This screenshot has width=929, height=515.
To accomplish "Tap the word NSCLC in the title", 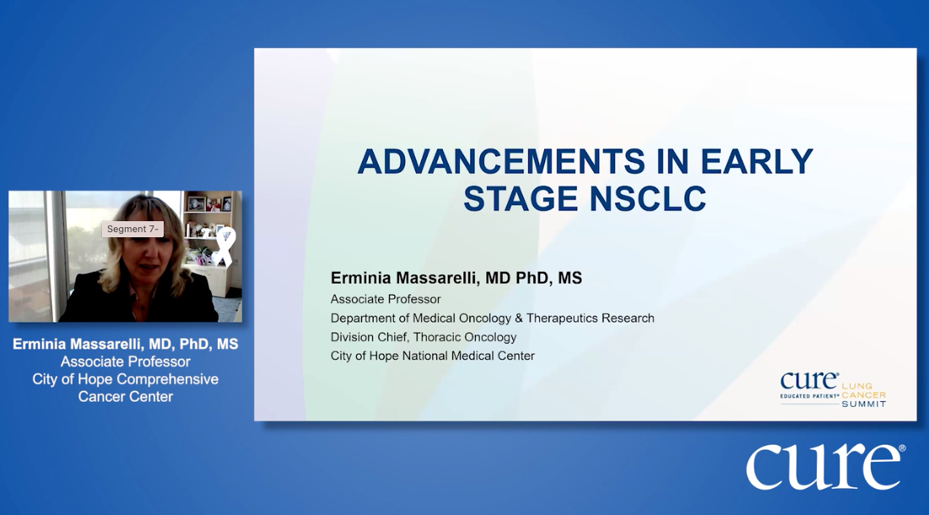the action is point(647,198).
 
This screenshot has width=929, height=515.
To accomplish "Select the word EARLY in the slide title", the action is point(757,161).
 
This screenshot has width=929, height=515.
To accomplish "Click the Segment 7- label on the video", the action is point(132,229).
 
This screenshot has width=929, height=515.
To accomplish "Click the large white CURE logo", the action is point(824,466).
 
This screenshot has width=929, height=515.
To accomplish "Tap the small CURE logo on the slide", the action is point(808,381).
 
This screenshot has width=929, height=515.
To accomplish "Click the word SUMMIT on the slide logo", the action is point(864,404).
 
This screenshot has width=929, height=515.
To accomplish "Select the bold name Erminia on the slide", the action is point(360,278).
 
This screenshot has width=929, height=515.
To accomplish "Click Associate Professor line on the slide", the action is point(386,299).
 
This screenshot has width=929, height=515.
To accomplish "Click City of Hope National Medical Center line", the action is point(433,356).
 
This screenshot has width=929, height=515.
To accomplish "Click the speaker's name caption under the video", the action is point(126,344).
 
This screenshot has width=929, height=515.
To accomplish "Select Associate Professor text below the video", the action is point(126,361).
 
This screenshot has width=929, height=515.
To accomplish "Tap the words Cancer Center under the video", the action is point(126,397).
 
